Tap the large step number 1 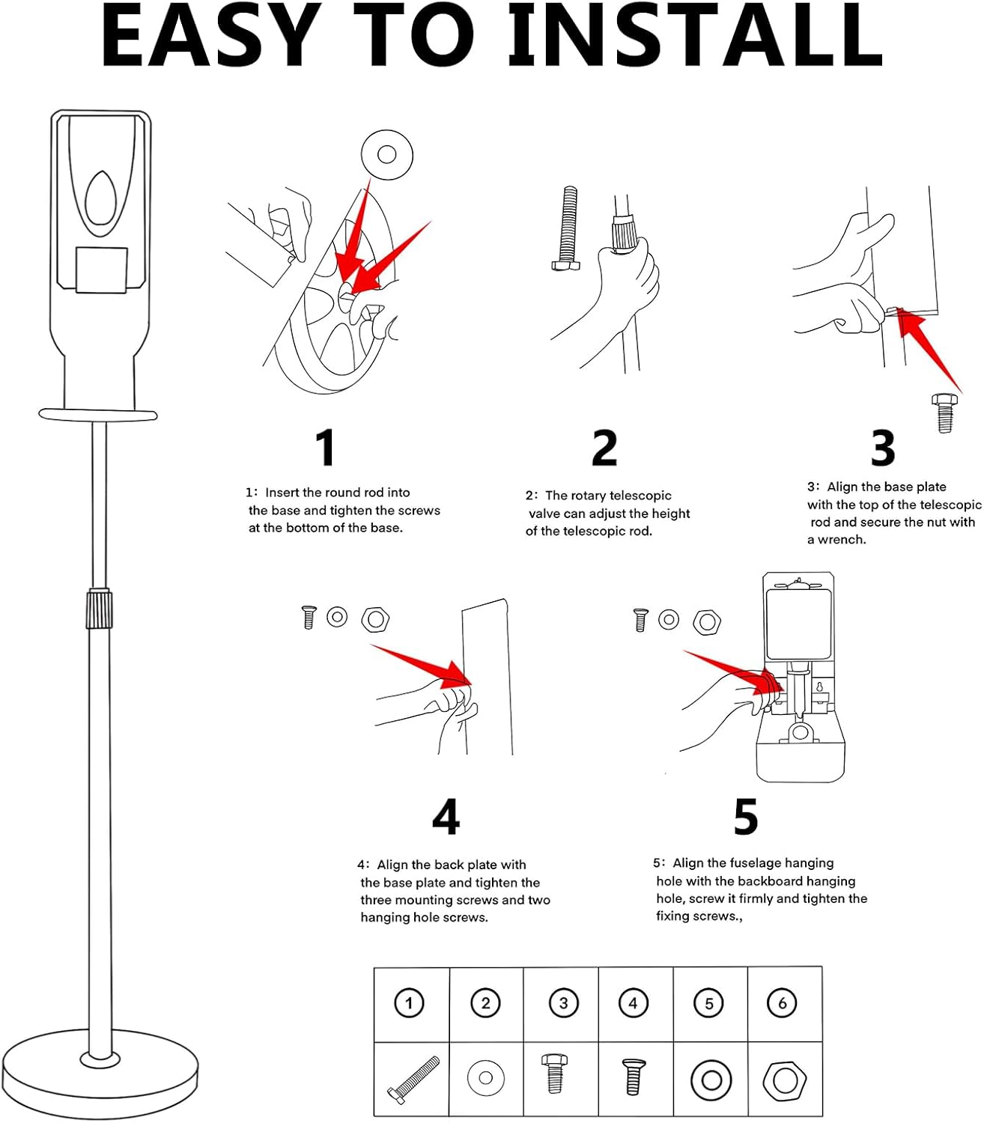click(x=325, y=448)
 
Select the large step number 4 click(x=446, y=817)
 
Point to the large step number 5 click(x=746, y=817)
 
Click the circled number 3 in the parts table click(x=562, y=1003)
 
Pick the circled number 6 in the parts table click(x=783, y=1003)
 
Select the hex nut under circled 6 click(x=784, y=1080)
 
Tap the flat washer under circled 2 click(x=485, y=1079)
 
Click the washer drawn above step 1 click(x=386, y=155)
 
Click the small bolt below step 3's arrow click(x=944, y=413)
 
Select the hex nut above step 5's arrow click(x=706, y=621)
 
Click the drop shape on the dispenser click(x=100, y=199)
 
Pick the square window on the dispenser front click(x=101, y=270)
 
